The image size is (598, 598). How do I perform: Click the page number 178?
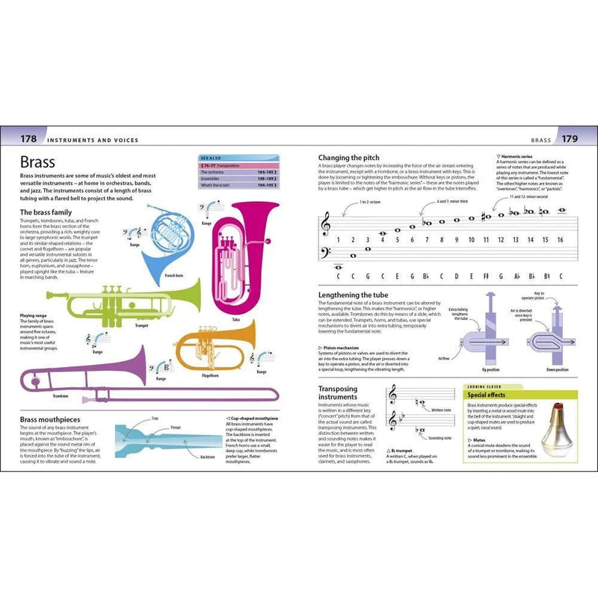(x=28, y=139)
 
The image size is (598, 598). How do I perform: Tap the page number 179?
(x=569, y=139)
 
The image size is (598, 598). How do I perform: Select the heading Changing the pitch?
(x=350, y=158)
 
